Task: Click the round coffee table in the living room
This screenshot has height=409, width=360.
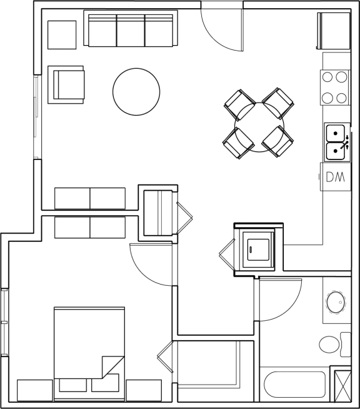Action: click(x=136, y=91)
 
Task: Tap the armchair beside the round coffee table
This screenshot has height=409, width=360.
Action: click(x=67, y=84)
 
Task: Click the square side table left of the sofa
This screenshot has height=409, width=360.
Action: click(x=62, y=35)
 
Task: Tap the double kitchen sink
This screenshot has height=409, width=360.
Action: click(x=337, y=142)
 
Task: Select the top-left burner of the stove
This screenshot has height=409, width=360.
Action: click(x=328, y=78)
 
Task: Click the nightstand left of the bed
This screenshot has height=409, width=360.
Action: click(x=35, y=390)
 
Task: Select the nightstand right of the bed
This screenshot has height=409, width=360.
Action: click(x=144, y=390)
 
